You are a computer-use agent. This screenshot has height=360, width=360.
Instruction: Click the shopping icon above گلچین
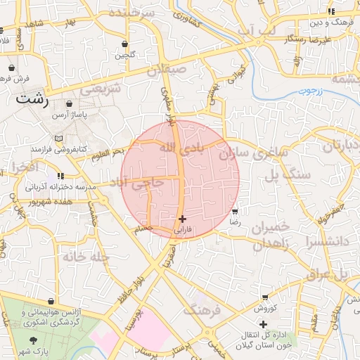pos(124,44)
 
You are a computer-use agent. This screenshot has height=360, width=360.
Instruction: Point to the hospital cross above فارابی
pos(183,219)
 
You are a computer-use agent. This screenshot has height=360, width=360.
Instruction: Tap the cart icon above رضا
pos(235,211)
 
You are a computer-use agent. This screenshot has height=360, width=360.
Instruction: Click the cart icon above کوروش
pos(265,298)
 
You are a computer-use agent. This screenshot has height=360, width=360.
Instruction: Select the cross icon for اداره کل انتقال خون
pos(263,324)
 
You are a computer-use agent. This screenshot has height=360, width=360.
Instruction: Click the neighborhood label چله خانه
pos(86,257)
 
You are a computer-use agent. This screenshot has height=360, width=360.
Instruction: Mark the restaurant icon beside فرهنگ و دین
pos(331,12)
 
